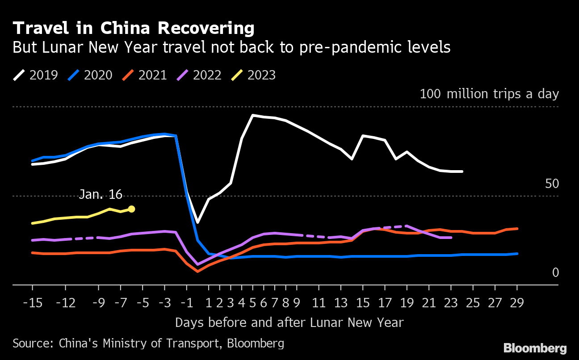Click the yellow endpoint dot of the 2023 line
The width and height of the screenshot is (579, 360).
[x=131, y=209]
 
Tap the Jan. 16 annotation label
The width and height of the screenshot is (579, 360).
[x=101, y=194]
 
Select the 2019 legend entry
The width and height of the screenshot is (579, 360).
[x=36, y=75]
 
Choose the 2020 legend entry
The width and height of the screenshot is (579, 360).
[x=90, y=75]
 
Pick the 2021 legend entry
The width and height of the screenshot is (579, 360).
[x=145, y=75]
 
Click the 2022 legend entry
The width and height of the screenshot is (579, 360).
[x=199, y=75]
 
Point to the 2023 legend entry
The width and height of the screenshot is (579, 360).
[x=254, y=75]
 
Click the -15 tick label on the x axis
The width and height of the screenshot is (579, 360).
[x=33, y=303]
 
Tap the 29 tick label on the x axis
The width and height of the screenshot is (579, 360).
[x=517, y=303]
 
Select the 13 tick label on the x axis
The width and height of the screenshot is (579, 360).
[x=341, y=303]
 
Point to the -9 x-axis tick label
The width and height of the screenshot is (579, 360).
[x=99, y=303]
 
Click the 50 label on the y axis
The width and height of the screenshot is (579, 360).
[x=552, y=184]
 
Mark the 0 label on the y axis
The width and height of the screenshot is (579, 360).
[x=555, y=272]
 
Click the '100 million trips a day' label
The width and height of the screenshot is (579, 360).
[x=489, y=94]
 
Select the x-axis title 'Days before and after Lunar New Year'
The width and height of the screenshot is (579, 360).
[x=289, y=322]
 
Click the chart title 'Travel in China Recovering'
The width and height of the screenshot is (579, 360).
[x=134, y=29]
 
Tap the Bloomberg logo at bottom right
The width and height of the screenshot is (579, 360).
[x=535, y=348]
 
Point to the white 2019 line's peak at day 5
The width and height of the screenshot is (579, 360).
[x=253, y=115]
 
